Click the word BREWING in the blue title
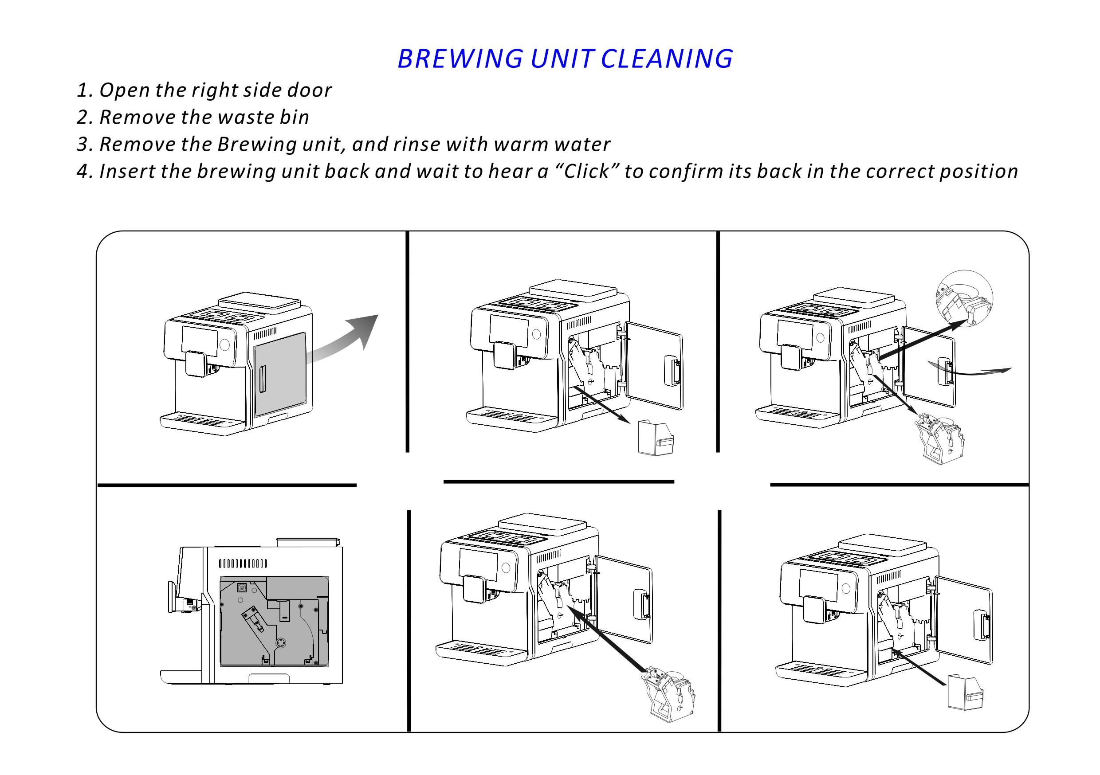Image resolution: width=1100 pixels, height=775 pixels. click(460, 59)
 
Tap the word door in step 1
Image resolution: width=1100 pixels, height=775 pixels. click(309, 90)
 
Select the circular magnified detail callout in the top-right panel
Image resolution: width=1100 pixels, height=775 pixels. click(964, 298)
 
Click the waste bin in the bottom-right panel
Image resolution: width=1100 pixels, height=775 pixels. click(965, 692)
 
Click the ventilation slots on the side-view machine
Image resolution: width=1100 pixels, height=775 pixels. click(243, 563)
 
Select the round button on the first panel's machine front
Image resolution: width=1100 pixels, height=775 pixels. click(224, 344)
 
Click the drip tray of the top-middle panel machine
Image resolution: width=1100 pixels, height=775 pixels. click(511, 416)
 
